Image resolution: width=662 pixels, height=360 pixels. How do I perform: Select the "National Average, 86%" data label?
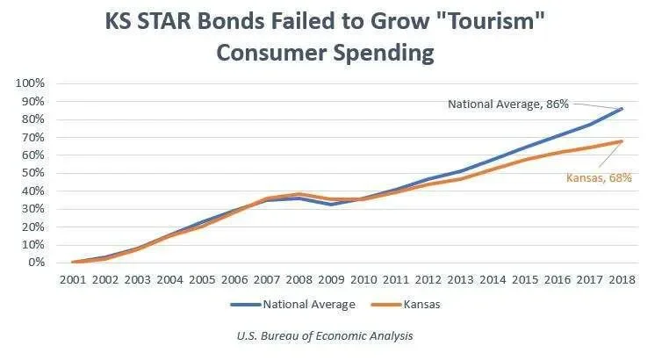508,104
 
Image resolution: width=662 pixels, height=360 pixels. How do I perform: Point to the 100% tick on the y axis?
32,83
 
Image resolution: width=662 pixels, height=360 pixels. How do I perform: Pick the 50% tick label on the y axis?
34,173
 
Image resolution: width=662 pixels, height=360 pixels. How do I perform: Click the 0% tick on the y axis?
38,263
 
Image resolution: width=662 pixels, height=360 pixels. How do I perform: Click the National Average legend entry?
293,305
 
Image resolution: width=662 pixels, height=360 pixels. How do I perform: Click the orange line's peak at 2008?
299,194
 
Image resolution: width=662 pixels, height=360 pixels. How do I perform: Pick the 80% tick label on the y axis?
34,119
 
